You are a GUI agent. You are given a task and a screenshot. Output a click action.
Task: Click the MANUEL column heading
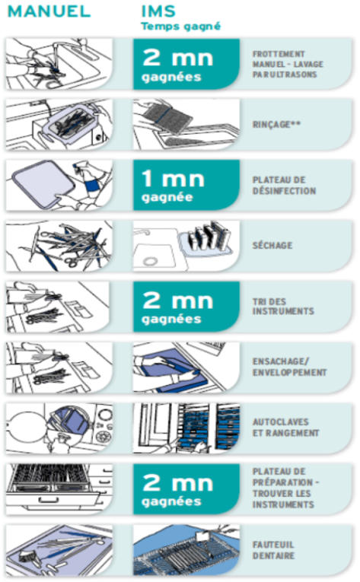point(49,11)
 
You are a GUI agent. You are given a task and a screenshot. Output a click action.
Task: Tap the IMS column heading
point(158,11)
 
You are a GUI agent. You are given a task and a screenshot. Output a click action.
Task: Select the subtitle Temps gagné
point(180,27)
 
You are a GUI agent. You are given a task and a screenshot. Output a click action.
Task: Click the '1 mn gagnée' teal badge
point(186,185)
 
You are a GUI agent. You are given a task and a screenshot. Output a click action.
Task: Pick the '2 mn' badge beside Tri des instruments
point(186,307)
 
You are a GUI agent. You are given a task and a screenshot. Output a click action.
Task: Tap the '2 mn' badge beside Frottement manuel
point(186,64)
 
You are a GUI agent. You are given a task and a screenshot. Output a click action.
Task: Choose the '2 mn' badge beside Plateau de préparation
point(186,489)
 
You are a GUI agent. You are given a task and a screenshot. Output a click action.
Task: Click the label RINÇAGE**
point(277,124)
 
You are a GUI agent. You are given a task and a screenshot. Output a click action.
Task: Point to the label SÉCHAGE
point(272,245)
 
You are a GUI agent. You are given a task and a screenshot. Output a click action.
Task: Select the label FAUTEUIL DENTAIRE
point(274,550)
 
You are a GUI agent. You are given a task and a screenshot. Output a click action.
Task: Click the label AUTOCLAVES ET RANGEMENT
point(285,428)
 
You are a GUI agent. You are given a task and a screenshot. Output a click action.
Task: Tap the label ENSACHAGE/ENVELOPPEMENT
point(290,367)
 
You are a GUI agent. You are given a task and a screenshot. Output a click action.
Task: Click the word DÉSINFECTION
point(284,191)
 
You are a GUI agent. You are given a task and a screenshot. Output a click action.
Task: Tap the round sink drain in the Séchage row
point(150,261)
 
